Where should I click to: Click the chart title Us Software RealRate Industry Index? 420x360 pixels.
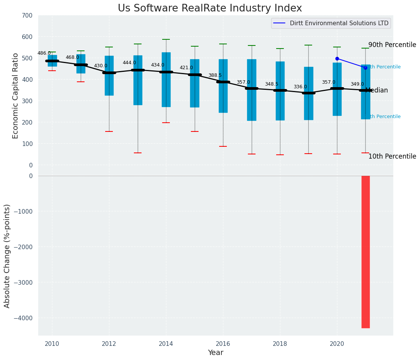coord(210,8)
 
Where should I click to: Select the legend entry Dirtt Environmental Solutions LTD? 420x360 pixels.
coord(339,23)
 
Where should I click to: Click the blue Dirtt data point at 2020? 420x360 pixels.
coord(337,58)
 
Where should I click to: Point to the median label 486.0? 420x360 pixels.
coord(44,53)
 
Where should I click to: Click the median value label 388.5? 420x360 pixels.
coord(215,75)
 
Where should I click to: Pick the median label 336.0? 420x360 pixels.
coord(300,87)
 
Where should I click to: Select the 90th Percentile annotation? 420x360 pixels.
coord(392,45)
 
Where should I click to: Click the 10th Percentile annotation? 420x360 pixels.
coord(392,156)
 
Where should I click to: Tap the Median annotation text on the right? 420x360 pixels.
coord(377,91)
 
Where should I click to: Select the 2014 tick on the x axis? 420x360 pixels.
coord(166,344)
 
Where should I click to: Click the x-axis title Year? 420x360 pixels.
coord(215,353)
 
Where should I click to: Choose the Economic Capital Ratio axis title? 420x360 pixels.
coord(16,96)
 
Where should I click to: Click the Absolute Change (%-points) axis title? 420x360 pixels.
coord(7,256)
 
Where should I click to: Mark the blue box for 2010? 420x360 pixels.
coord(52,60)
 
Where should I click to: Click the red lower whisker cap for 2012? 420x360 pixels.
coord(109,131)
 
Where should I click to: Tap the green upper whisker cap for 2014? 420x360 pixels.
coord(166,39)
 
